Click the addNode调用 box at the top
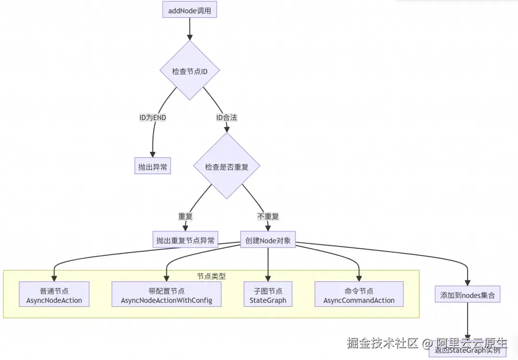189,10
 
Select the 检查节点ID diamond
189,71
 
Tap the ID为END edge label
153,117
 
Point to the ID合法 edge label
226,117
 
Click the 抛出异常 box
153,167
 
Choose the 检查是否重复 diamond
226,167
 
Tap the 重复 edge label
185,216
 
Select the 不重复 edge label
268,216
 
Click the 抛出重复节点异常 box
185,240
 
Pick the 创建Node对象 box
268,240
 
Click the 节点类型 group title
211,276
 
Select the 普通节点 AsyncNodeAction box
54,295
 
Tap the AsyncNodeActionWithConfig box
166,295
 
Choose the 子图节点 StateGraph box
268,295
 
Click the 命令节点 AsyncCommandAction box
359,295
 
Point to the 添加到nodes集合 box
467,295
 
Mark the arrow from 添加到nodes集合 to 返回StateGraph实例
467,324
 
